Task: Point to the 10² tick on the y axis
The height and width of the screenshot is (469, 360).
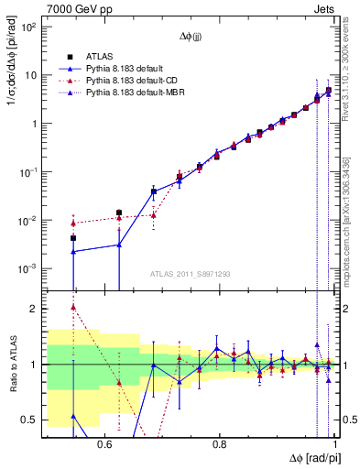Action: click(x=29, y=27)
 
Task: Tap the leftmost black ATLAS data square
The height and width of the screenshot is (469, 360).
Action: click(x=73, y=238)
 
